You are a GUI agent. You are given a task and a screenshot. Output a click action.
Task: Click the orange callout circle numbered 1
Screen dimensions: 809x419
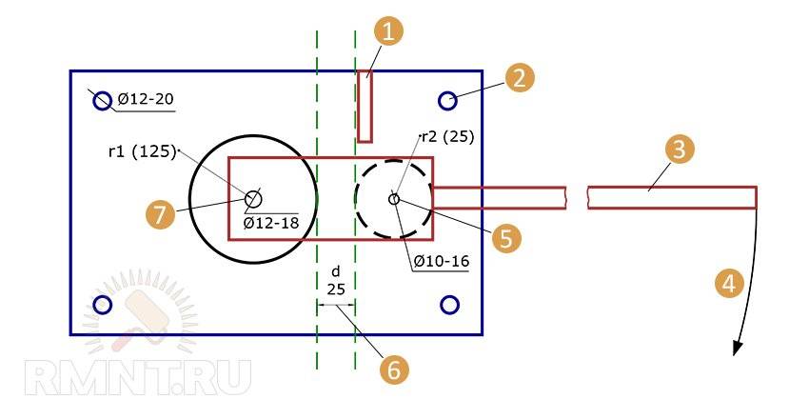pyautogui.click(x=388, y=32)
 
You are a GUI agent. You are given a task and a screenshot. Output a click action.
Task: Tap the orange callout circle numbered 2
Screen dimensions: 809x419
pyautogui.click(x=520, y=77)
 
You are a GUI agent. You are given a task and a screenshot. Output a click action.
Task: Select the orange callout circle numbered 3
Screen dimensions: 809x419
pyautogui.click(x=680, y=150)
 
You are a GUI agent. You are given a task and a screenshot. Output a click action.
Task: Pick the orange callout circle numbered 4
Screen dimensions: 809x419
pyautogui.click(x=728, y=283)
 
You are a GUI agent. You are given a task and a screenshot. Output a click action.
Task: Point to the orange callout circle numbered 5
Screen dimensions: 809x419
pyautogui.click(x=506, y=238)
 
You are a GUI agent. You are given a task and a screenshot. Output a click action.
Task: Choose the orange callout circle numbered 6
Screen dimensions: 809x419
pyautogui.click(x=394, y=370)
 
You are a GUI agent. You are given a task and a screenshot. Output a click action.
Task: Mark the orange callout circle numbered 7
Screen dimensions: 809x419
pyautogui.click(x=160, y=213)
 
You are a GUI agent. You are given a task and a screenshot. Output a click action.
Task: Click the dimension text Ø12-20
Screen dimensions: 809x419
pyautogui.click(x=146, y=98)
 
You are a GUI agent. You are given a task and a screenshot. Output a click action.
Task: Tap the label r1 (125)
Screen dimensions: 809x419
pyautogui.click(x=143, y=152)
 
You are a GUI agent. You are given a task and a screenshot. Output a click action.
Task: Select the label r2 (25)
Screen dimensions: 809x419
pyautogui.click(x=447, y=137)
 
